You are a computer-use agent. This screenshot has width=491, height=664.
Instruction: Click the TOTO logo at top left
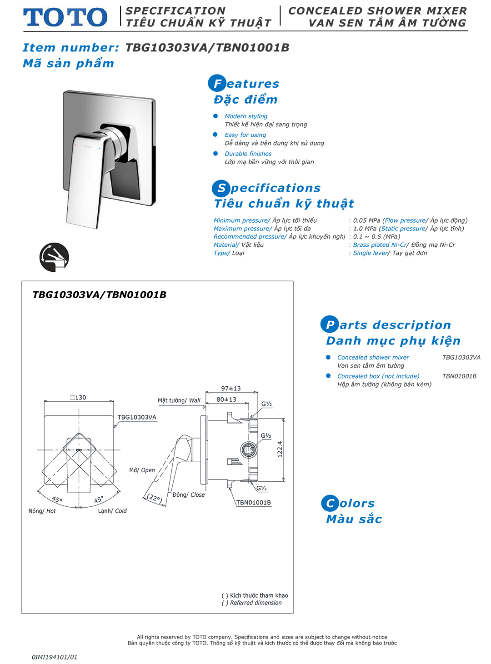(65, 17)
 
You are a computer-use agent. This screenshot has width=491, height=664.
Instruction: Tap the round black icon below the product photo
(54, 257)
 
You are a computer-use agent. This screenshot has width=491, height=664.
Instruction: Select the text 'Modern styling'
(246, 116)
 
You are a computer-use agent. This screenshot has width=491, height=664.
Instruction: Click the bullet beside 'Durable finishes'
(215, 154)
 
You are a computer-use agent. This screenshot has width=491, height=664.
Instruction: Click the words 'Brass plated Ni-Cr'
(380, 245)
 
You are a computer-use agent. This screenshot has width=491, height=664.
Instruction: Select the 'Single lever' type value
(370, 253)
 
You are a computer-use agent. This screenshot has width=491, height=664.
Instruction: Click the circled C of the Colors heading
(330, 504)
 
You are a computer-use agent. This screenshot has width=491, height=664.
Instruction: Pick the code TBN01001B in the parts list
(459, 376)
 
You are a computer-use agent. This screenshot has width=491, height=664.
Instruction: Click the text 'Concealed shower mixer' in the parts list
(373, 358)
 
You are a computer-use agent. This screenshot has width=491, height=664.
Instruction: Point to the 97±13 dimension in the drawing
(231, 389)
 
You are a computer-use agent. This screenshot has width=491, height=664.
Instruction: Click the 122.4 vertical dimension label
(280, 449)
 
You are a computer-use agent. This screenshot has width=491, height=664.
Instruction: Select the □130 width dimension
(78, 398)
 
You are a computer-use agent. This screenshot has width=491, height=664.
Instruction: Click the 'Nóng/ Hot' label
(42, 511)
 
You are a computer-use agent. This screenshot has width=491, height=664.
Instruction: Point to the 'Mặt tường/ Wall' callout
(179, 400)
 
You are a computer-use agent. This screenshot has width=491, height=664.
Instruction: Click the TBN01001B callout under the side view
(253, 503)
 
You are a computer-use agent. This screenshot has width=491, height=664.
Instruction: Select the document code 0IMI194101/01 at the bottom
(55, 657)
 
